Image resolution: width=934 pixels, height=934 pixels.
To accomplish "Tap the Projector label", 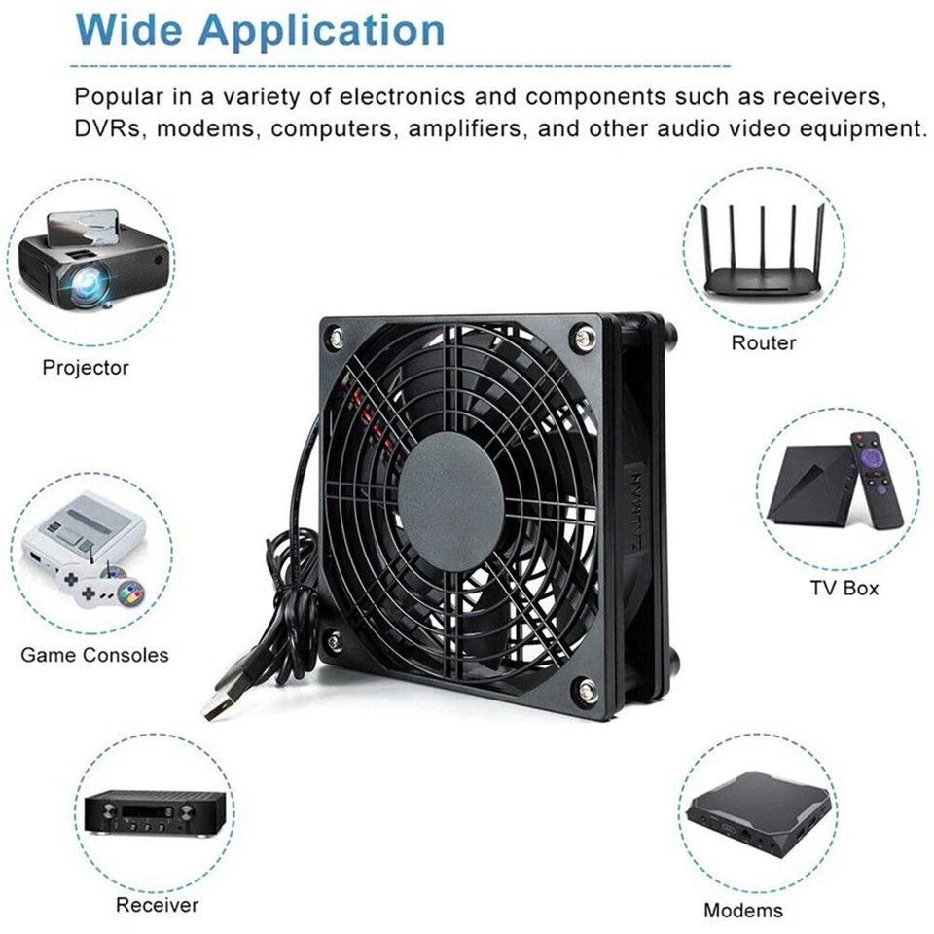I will coord(86,368).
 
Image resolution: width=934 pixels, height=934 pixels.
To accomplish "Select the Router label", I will coord(764,342).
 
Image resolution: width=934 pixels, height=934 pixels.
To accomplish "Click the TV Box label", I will coord(844,588).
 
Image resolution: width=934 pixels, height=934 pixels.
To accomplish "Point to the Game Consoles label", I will coord(94,655).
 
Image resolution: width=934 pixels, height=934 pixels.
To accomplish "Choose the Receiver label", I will coord(158,905).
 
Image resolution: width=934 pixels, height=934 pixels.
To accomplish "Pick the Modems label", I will coord(743,911).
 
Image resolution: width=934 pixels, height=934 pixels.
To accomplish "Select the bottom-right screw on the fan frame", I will coord(586,688).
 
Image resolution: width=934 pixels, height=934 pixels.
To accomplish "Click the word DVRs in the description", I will coord(109,128).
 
